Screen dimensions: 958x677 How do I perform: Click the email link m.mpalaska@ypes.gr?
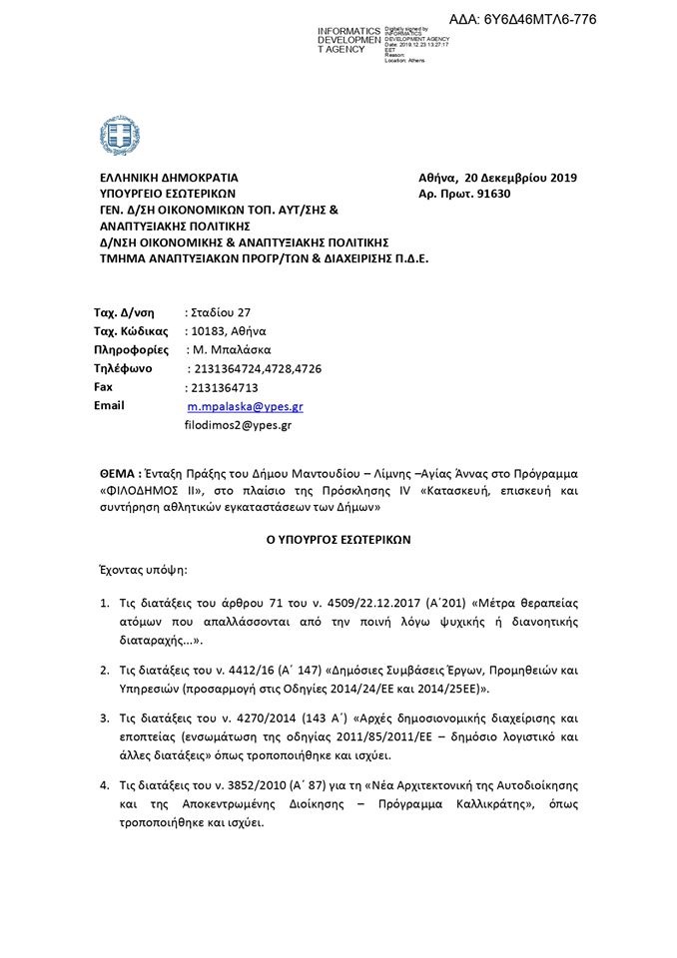245,407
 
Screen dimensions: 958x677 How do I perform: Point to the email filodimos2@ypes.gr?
238,424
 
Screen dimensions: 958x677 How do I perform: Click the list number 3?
105,718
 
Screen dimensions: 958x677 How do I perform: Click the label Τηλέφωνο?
123,367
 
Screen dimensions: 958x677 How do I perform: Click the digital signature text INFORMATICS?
348,32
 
